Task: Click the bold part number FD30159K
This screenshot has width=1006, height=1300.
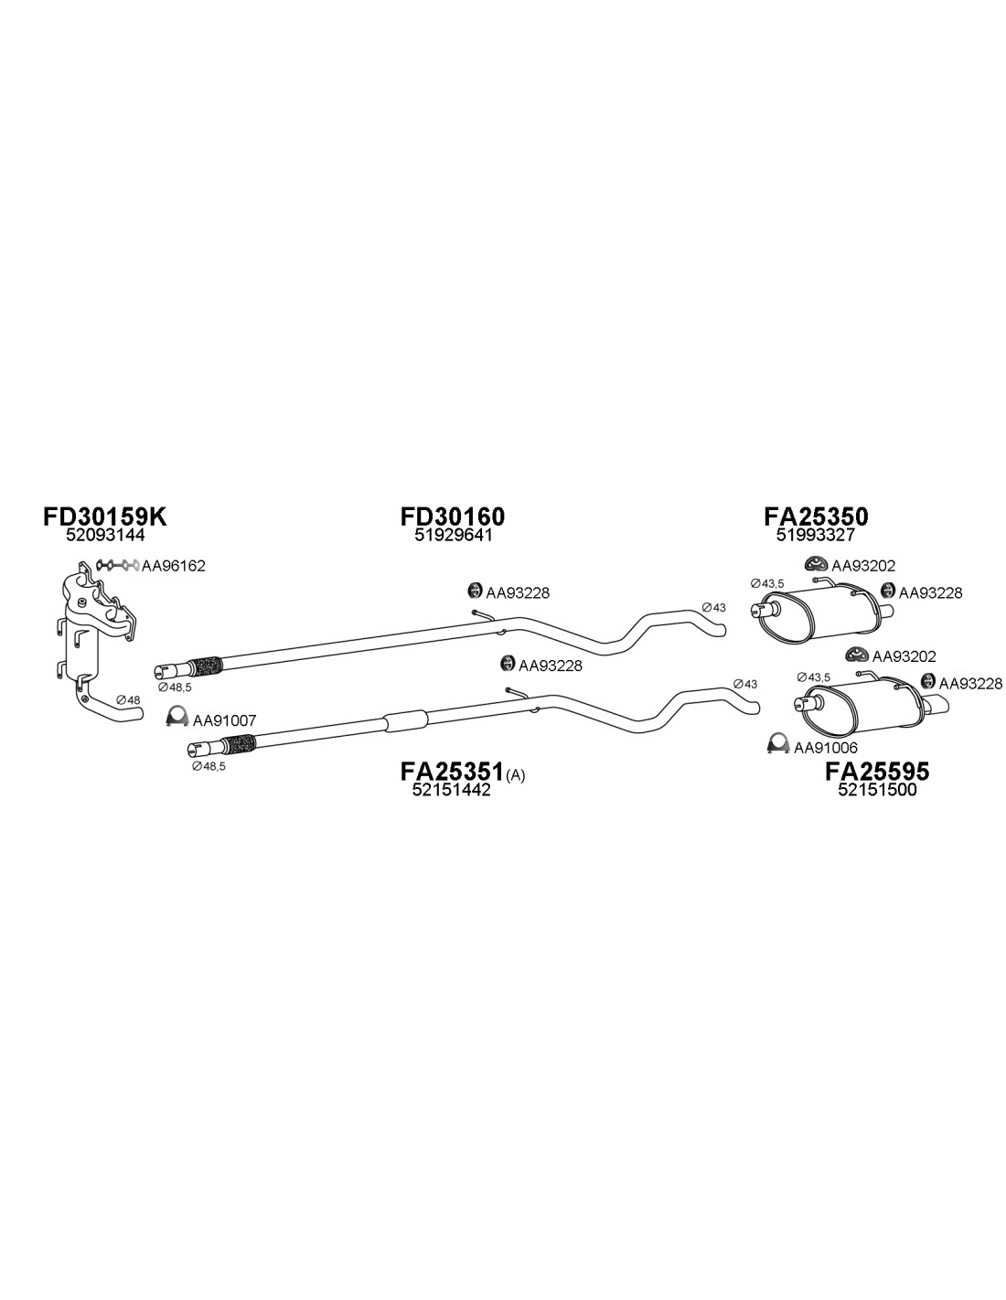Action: click(x=105, y=517)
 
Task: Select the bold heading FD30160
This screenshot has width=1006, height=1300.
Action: click(x=453, y=517)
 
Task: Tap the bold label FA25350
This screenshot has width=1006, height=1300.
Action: click(x=816, y=517)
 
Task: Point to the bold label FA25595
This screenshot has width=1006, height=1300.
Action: click(x=877, y=772)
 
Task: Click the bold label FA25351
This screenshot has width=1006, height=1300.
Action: click(x=452, y=772)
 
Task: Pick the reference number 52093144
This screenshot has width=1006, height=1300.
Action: click(x=105, y=535)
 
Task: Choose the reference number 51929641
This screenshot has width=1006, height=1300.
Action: click(x=453, y=535)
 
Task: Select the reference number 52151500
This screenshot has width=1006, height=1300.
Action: click(x=877, y=790)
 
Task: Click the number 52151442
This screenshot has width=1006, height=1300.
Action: click(x=451, y=790)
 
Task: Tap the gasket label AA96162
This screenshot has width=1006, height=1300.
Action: click(x=174, y=566)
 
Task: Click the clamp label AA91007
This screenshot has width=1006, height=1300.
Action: click(x=224, y=721)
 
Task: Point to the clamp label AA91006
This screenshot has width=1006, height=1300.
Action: click(x=826, y=747)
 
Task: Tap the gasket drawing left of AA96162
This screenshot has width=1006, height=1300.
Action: click(x=118, y=565)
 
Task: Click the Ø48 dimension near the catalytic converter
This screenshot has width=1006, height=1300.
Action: click(x=128, y=699)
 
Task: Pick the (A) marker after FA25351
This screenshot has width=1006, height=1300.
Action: click(x=515, y=776)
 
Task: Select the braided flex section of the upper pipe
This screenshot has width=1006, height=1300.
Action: click(x=205, y=666)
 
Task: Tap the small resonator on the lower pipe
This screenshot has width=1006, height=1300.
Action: click(x=406, y=722)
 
